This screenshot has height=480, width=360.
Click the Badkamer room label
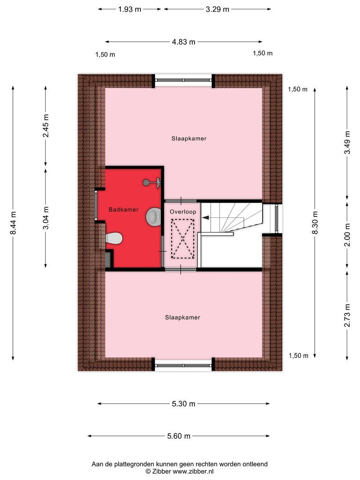tap(124, 209)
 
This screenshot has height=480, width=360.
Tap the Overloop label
tap(183, 212)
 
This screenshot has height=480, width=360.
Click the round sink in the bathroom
tap(154, 216)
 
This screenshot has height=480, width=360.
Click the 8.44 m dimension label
tap(13, 222)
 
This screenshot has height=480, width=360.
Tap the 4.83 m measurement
tap(184, 42)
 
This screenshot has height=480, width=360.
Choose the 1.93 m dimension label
tap(130, 9)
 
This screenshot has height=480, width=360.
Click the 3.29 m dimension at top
tap(217, 9)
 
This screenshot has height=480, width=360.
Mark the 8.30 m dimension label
tap(315, 222)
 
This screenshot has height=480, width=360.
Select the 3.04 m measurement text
tap(46, 217)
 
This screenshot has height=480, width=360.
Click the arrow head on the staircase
tap(205, 217)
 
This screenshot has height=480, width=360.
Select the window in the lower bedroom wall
tap(184, 365)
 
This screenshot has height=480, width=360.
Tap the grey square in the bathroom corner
tap(109, 260)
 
